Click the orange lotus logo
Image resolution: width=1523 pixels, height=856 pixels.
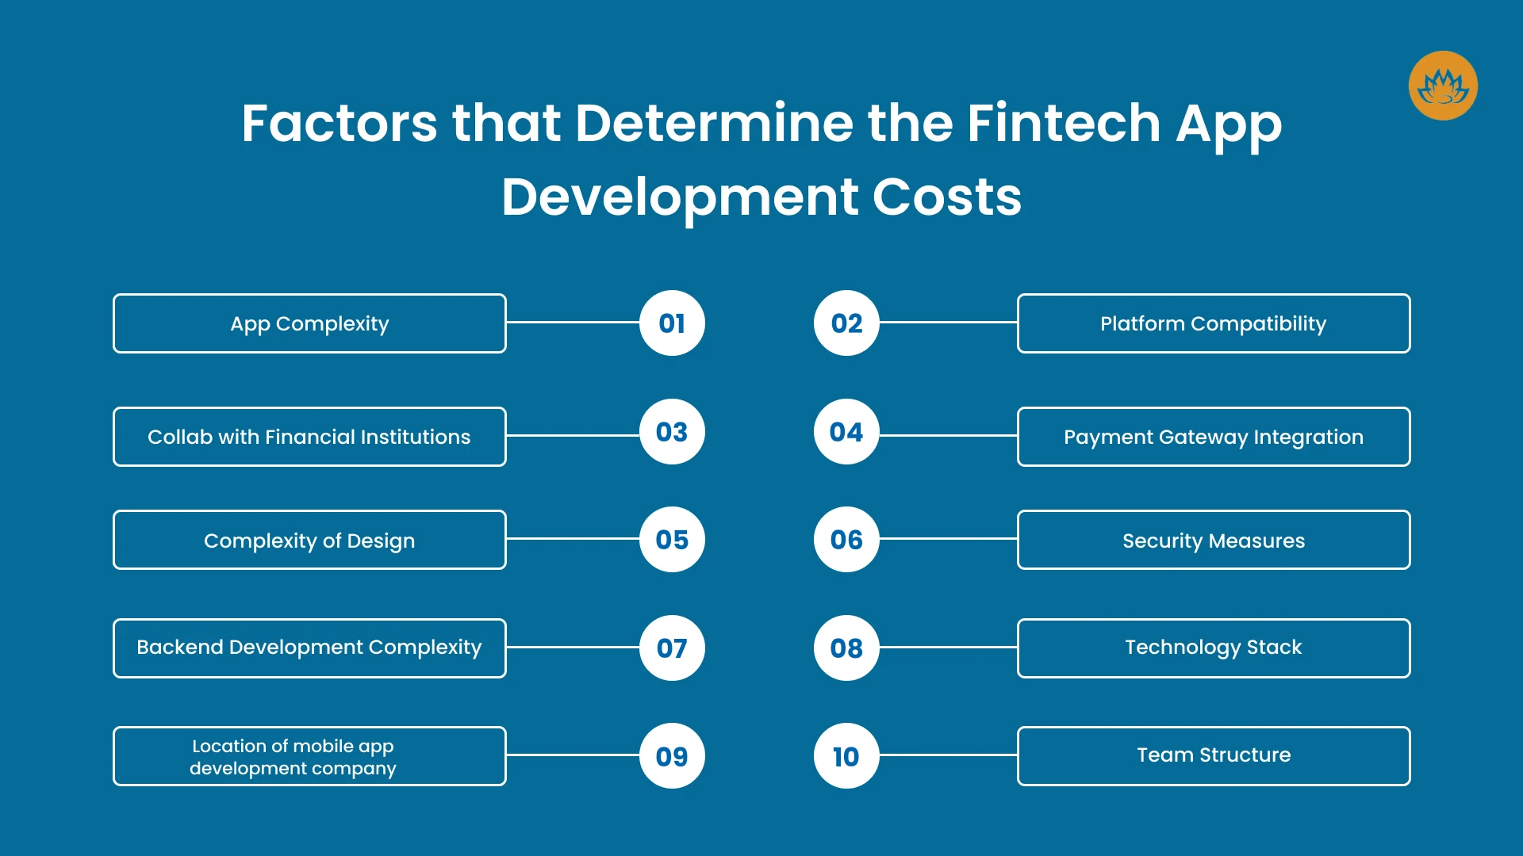(x=1443, y=86)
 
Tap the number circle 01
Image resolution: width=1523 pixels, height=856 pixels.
(x=672, y=323)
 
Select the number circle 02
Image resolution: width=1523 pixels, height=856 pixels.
(x=846, y=323)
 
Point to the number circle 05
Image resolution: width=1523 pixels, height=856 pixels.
(x=672, y=539)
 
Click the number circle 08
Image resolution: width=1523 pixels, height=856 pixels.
(x=846, y=648)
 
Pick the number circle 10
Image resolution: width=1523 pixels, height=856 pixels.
(x=846, y=755)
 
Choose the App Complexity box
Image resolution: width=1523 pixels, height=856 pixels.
(x=309, y=323)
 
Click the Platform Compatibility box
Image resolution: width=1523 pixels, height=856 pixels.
(x=1214, y=323)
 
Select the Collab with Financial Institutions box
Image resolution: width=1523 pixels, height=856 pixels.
(x=309, y=437)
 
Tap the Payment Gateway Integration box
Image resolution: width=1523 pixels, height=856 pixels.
(x=1214, y=437)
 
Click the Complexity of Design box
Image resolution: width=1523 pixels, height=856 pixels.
(x=309, y=540)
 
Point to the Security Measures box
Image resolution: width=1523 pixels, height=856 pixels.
(x=1214, y=540)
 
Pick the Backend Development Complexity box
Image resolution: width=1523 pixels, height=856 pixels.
(x=309, y=648)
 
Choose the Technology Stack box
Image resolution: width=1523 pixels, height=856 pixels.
(x=1214, y=648)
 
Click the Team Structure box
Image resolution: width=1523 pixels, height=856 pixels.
(x=1214, y=756)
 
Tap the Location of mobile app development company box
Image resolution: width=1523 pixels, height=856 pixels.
(x=309, y=756)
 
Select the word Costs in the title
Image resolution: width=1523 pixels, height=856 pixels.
(x=947, y=197)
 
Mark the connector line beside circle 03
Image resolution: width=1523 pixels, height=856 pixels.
(x=574, y=435)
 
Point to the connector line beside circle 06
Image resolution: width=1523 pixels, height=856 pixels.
(x=948, y=539)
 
